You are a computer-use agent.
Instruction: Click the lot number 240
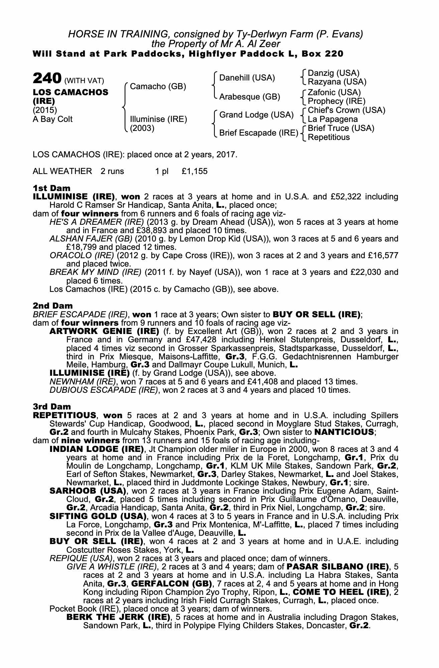[47, 79]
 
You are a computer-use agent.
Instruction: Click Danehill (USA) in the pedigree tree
[247, 78]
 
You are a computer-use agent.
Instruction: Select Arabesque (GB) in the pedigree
[250, 97]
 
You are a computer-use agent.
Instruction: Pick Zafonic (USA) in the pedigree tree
[334, 92]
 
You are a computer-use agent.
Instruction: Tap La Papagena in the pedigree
[332, 119]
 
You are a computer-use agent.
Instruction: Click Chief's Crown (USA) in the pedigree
[346, 110]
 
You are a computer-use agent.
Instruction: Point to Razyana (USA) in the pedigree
[337, 82]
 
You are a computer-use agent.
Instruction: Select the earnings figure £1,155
[194, 171]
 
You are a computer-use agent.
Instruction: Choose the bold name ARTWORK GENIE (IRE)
[104, 331]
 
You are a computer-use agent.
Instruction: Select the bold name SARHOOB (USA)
[88, 491]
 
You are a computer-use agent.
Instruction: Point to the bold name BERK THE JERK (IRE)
[118, 617]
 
